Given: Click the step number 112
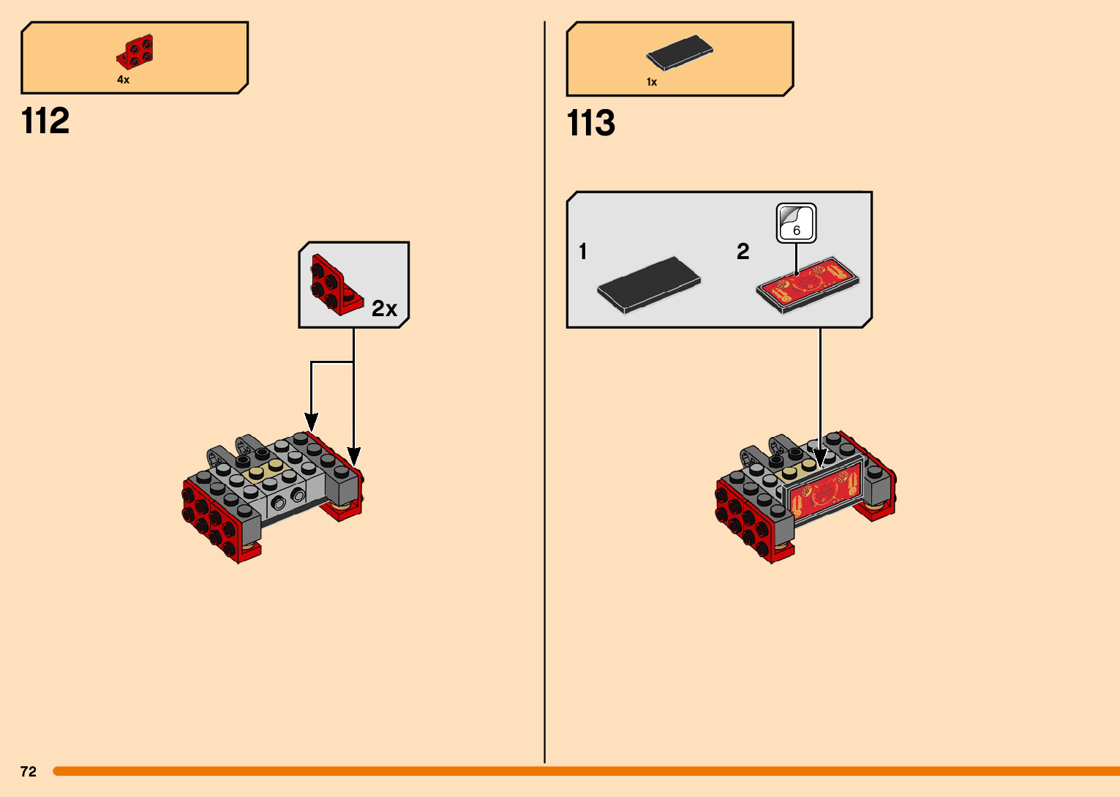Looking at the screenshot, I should tap(45, 121).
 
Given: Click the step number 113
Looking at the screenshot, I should tap(591, 123).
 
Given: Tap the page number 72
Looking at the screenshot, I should tap(29, 771).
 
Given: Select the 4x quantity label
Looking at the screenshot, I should tap(123, 80).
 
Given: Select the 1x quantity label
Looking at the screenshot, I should tap(652, 82).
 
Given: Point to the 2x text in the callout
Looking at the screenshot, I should tap(384, 309).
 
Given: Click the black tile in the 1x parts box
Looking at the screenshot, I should tap(680, 53).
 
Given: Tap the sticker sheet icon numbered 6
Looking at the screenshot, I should tap(796, 223).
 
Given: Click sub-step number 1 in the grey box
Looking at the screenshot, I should tap(583, 252).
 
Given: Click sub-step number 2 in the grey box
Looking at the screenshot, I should tap(743, 252).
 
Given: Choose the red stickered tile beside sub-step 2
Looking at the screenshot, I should tap(808, 284).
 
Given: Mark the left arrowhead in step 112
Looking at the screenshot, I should tap(312, 422).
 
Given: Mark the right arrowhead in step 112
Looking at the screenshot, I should tap(354, 457).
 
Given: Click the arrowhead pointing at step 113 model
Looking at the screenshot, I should tap(820, 459).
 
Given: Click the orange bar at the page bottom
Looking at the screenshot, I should tap(585, 771).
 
